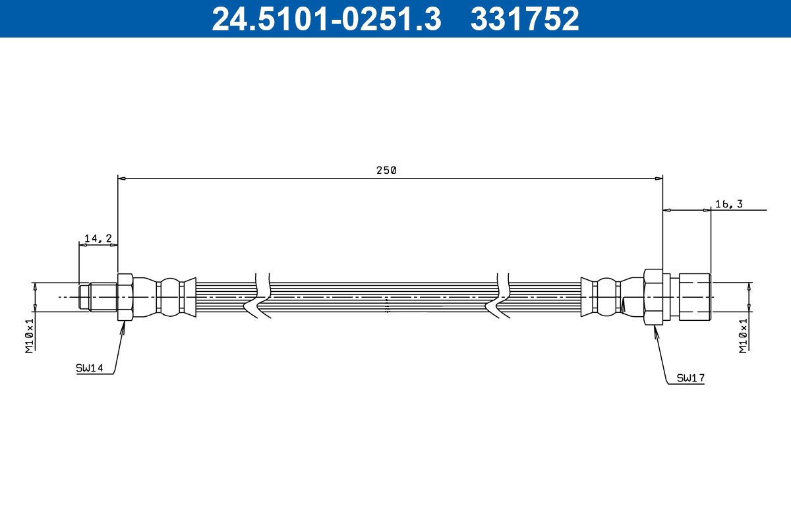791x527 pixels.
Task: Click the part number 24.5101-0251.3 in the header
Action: click(326, 18)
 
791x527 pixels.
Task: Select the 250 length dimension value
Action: click(386, 170)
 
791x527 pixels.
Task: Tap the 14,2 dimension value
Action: click(98, 238)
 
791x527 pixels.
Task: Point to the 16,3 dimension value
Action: click(728, 204)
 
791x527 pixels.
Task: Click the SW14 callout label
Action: click(90, 369)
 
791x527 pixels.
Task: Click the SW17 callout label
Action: click(691, 378)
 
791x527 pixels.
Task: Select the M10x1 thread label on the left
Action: click(30, 336)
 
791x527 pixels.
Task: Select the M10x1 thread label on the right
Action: click(744, 336)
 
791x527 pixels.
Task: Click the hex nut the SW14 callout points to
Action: click(125, 297)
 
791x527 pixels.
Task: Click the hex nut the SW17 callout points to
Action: click(653, 297)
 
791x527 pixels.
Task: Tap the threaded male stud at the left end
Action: click(99, 297)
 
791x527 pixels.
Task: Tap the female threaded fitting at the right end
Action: click(695, 297)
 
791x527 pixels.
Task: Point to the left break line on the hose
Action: click(262, 297)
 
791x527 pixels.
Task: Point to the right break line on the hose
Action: click(502, 297)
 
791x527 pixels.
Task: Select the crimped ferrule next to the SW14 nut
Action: click(171, 297)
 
